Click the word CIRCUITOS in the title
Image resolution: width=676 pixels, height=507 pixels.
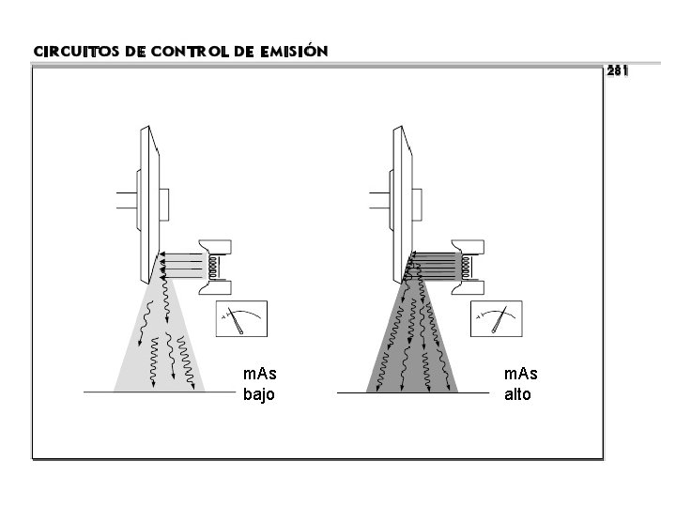[x=76, y=52]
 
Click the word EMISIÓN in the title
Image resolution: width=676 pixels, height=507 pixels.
[x=294, y=51]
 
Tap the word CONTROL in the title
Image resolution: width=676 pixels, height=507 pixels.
[x=190, y=52]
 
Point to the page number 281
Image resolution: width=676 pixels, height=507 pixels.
[x=618, y=70]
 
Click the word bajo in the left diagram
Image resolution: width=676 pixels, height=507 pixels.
[x=259, y=394]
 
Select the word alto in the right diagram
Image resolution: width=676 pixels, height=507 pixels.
[x=517, y=394]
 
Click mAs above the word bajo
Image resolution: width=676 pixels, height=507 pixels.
[x=259, y=374]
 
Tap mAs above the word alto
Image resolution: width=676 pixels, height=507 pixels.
[x=521, y=374]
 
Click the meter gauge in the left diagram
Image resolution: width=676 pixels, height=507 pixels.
[x=241, y=318]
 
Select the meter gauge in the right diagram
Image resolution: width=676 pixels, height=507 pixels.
[x=497, y=318]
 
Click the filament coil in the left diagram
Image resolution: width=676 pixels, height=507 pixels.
[x=212, y=267]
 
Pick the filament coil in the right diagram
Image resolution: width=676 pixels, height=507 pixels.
[x=466, y=267]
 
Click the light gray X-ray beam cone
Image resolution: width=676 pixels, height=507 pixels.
[x=160, y=345]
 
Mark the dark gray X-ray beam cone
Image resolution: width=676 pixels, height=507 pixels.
[x=412, y=345]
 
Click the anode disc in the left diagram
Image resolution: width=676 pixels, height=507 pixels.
[x=149, y=205]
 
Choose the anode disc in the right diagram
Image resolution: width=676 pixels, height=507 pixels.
[x=402, y=205]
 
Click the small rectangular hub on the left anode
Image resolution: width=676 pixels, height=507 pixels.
[x=163, y=205]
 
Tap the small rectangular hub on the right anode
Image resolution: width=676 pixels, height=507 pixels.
[x=417, y=205]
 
